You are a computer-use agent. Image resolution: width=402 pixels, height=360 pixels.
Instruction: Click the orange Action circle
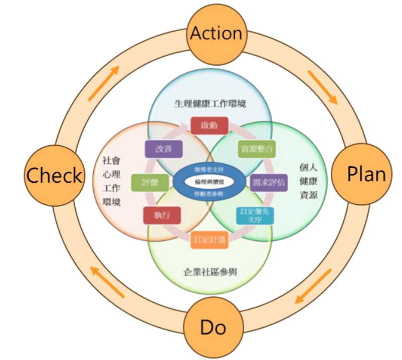(216, 33)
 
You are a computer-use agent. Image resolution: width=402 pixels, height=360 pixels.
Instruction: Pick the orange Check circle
(54, 175)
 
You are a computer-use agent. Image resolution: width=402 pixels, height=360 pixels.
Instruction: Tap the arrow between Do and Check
(106, 281)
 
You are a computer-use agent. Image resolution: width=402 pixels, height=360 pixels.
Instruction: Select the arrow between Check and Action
(104, 83)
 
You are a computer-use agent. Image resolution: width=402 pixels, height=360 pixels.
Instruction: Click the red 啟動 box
(210, 125)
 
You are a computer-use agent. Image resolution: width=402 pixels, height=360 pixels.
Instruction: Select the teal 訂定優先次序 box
(255, 215)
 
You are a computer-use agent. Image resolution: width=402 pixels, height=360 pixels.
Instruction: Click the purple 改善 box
(162, 149)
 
